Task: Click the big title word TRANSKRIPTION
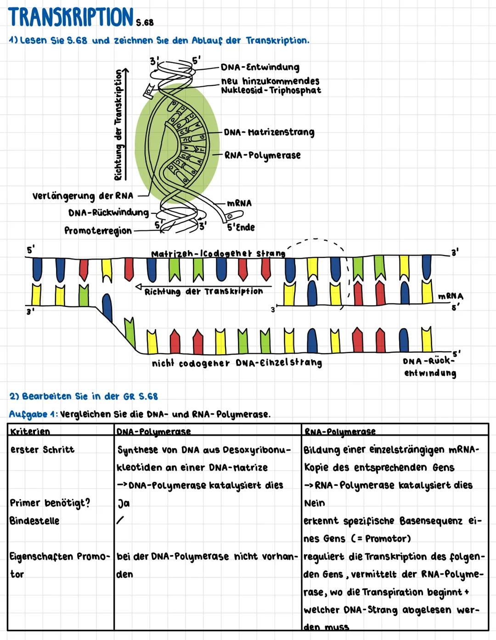[71, 17]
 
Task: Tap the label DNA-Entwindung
[260, 67]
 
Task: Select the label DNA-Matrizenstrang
[269, 133]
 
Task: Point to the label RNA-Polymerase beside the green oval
[263, 155]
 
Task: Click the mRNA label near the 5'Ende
[239, 203]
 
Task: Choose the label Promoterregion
[98, 231]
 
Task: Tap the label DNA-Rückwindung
[108, 212]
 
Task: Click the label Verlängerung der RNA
[83, 196]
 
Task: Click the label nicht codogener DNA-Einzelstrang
[237, 363]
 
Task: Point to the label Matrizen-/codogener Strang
[218, 253]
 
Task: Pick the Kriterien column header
[30, 432]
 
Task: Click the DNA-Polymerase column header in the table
[153, 432]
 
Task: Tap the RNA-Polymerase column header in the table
[340, 432]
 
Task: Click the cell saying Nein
[314, 503]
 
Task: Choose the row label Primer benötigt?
[50, 503]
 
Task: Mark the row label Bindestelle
[34, 521]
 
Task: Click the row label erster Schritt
[42, 450]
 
